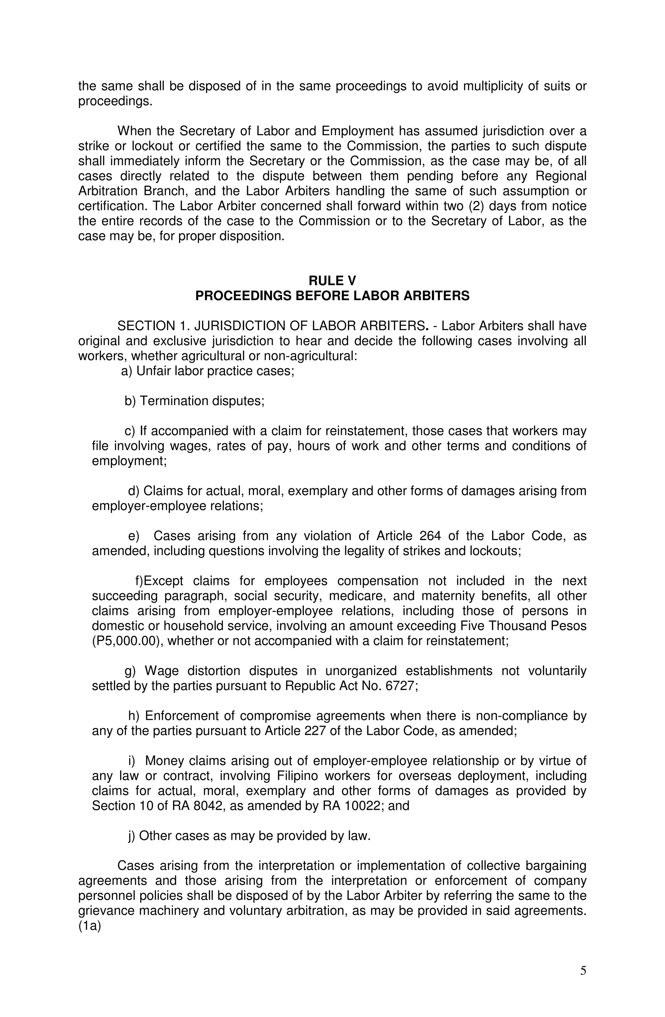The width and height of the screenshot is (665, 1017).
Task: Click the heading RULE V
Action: coord(332,281)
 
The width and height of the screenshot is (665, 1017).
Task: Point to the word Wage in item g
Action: coord(162,671)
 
